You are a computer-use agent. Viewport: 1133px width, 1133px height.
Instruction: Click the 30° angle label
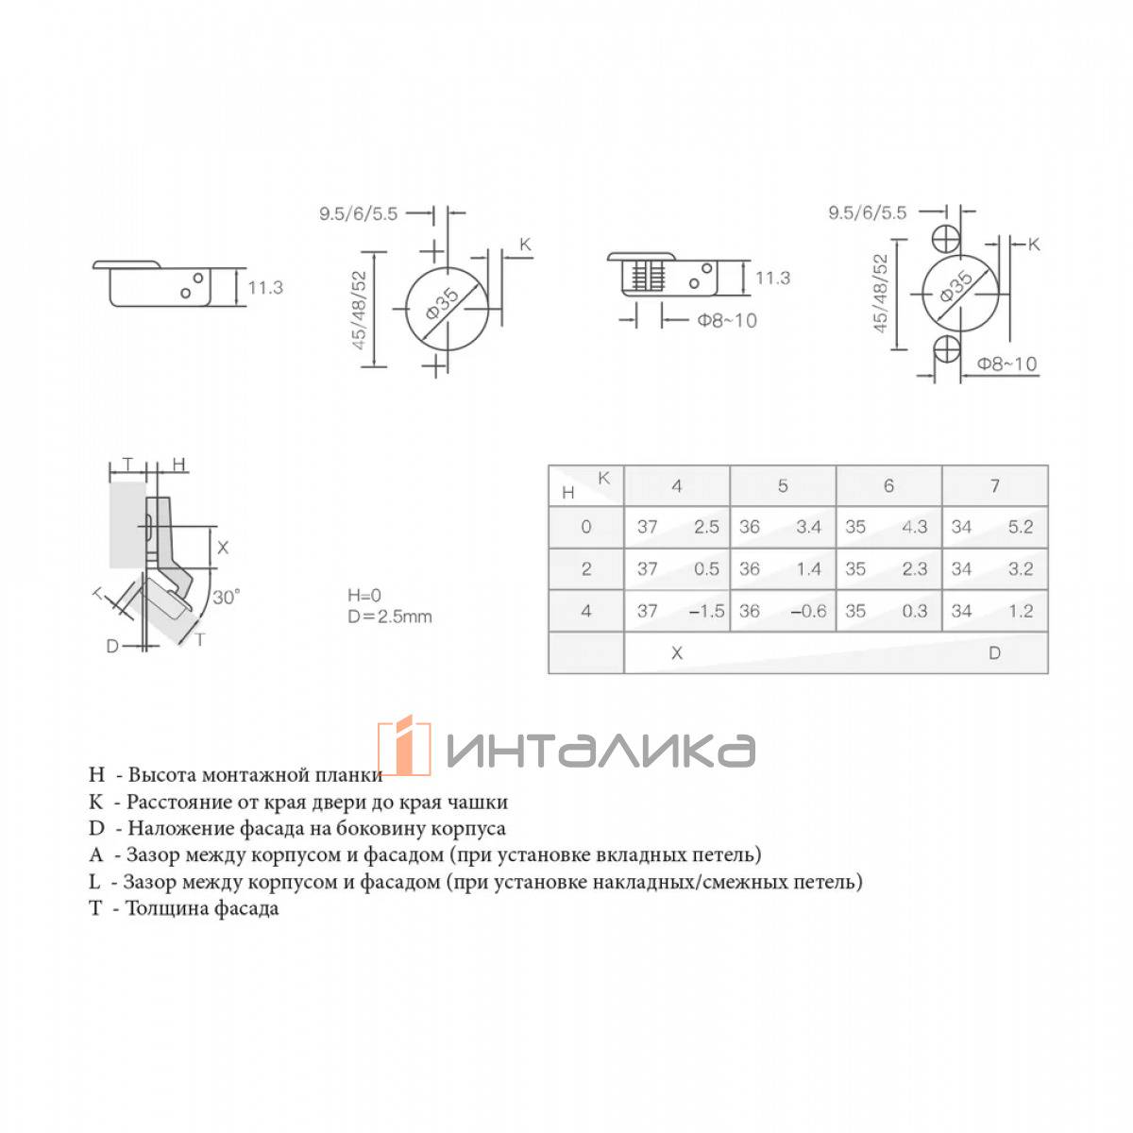point(226,598)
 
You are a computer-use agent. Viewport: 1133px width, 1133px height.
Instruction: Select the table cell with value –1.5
point(706,611)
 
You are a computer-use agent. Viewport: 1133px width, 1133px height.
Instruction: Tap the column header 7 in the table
point(994,485)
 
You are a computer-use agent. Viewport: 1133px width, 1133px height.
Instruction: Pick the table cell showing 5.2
point(1020,526)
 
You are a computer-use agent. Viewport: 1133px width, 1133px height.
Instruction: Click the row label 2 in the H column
point(585,568)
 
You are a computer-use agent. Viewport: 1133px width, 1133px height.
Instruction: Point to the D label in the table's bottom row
point(994,652)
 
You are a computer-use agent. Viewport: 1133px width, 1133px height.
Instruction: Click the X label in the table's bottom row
point(677,652)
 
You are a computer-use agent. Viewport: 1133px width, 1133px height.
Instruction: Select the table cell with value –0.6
point(808,611)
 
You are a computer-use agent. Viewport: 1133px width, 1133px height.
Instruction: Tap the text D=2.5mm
point(389,617)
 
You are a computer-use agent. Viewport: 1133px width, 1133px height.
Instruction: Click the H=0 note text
point(364,595)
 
